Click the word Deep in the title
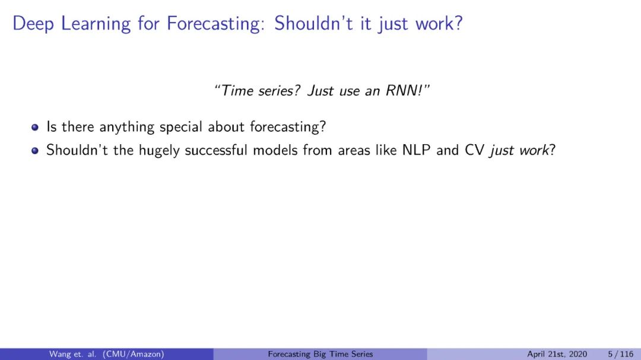[33, 24]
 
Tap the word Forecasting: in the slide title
[214, 24]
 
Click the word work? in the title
[439, 23]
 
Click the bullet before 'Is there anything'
[35, 128]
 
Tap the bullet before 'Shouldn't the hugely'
[35, 151]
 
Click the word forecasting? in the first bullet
[288, 127]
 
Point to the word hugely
[159, 151]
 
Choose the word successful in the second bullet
[216, 150]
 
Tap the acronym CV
[474, 150]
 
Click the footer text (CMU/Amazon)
[134, 354]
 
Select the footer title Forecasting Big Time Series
[320, 354]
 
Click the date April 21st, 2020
[557, 354]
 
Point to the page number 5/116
[621, 354]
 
